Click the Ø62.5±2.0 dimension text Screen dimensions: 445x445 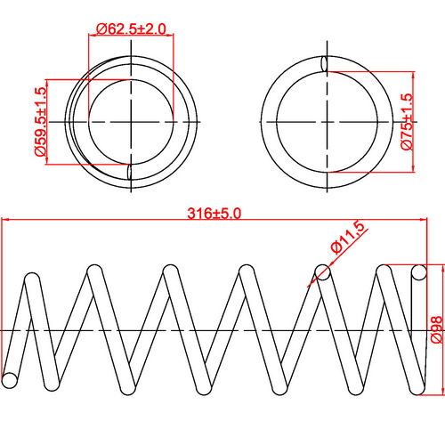[x=131, y=28]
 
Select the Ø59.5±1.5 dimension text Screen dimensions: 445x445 [x=40, y=122]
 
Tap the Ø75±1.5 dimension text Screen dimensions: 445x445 [x=407, y=122]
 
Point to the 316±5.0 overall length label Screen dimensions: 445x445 [x=214, y=214]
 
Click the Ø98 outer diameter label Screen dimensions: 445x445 [x=435, y=328]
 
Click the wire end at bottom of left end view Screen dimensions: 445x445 [x=131, y=172]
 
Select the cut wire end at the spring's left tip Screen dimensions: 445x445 [x=10, y=380]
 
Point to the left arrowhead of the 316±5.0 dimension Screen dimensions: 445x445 [x=4, y=221]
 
